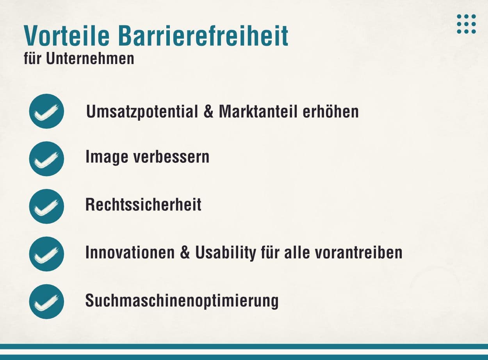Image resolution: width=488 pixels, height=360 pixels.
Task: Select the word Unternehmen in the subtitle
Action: click(x=90, y=59)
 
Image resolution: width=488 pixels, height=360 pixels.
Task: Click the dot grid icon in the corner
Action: click(x=466, y=24)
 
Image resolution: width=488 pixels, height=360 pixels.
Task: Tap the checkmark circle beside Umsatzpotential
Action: click(x=46, y=111)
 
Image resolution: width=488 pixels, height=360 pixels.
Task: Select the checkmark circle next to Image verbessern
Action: click(x=46, y=159)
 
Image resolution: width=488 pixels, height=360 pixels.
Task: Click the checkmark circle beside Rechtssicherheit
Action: click(x=46, y=206)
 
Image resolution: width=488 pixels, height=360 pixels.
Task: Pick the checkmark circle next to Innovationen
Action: click(x=46, y=254)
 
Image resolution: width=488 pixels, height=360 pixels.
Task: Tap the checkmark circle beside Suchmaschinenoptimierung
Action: click(x=46, y=301)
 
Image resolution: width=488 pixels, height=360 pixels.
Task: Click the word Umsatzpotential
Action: click(x=142, y=112)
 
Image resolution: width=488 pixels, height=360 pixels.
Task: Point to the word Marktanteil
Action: click(x=258, y=112)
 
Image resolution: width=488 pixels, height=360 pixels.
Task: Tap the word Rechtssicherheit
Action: click(x=143, y=205)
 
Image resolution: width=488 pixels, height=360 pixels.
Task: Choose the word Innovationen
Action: click(x=130, y=253)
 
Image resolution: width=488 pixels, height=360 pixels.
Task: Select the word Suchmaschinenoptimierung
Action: click(x=182, y=301)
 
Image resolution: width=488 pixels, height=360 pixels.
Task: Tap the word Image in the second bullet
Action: click(x=107, y=157)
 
